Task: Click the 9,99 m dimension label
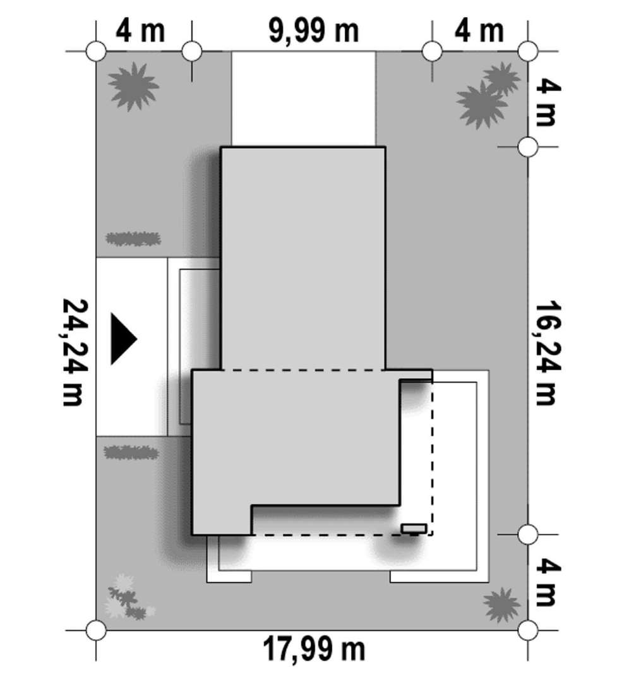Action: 314,31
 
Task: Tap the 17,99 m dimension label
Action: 314,649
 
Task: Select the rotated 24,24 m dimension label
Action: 75,352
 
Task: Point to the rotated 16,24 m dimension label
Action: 547,352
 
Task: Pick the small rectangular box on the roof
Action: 414,529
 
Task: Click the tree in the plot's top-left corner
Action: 133,87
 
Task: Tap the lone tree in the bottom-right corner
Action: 501,604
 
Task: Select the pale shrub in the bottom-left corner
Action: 128,597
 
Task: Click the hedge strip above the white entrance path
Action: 133,239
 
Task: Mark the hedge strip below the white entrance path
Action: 131,453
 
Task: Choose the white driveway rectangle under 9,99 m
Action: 303,99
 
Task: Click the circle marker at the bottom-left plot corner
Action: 96,630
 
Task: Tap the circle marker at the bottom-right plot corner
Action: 528,630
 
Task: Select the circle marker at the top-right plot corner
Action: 528,51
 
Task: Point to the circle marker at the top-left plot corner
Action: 96,51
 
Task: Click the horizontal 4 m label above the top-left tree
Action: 140,31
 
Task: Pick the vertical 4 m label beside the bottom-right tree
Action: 547,582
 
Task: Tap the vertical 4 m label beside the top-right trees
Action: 547,103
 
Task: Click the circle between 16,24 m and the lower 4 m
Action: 528,534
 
